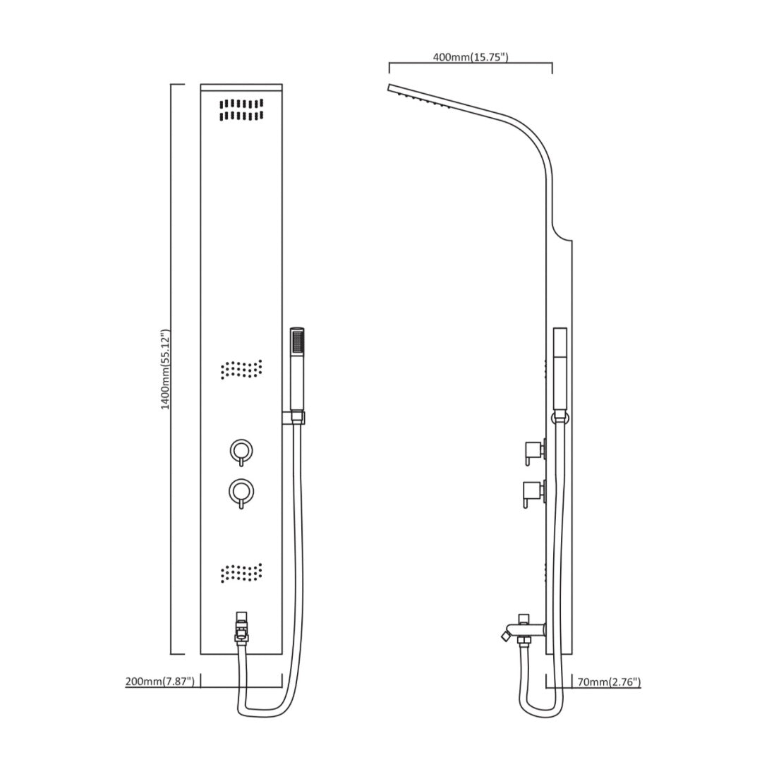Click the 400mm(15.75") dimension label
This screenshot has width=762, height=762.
click(471, 57)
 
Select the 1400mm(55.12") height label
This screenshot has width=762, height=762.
click(166, 370)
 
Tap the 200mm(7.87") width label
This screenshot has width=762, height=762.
click(160, 682)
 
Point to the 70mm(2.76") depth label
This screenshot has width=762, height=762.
click(609, 682)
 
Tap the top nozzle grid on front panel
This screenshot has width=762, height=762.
click(241, 110)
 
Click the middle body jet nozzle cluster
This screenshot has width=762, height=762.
click(241, 369)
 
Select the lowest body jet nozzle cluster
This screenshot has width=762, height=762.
click(241, 573)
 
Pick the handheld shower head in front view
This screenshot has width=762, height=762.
click(297, 369)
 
